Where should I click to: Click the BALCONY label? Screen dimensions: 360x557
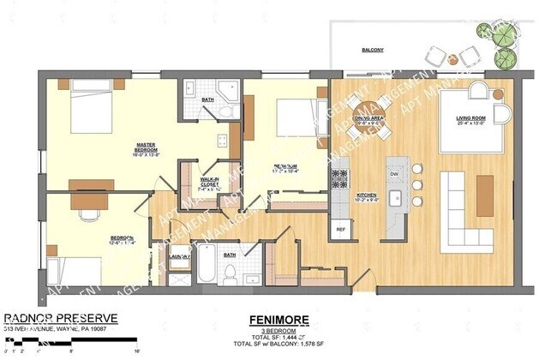[x=372, y=51]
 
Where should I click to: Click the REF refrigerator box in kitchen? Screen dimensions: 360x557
[x=340, y=229]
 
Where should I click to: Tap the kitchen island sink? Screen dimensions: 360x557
[x=396, y=200]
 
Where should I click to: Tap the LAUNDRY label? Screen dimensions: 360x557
[x=179, y=255]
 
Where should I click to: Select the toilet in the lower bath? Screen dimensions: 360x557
[x=230, y=273]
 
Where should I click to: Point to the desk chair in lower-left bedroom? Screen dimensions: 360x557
[x=88, y=207]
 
